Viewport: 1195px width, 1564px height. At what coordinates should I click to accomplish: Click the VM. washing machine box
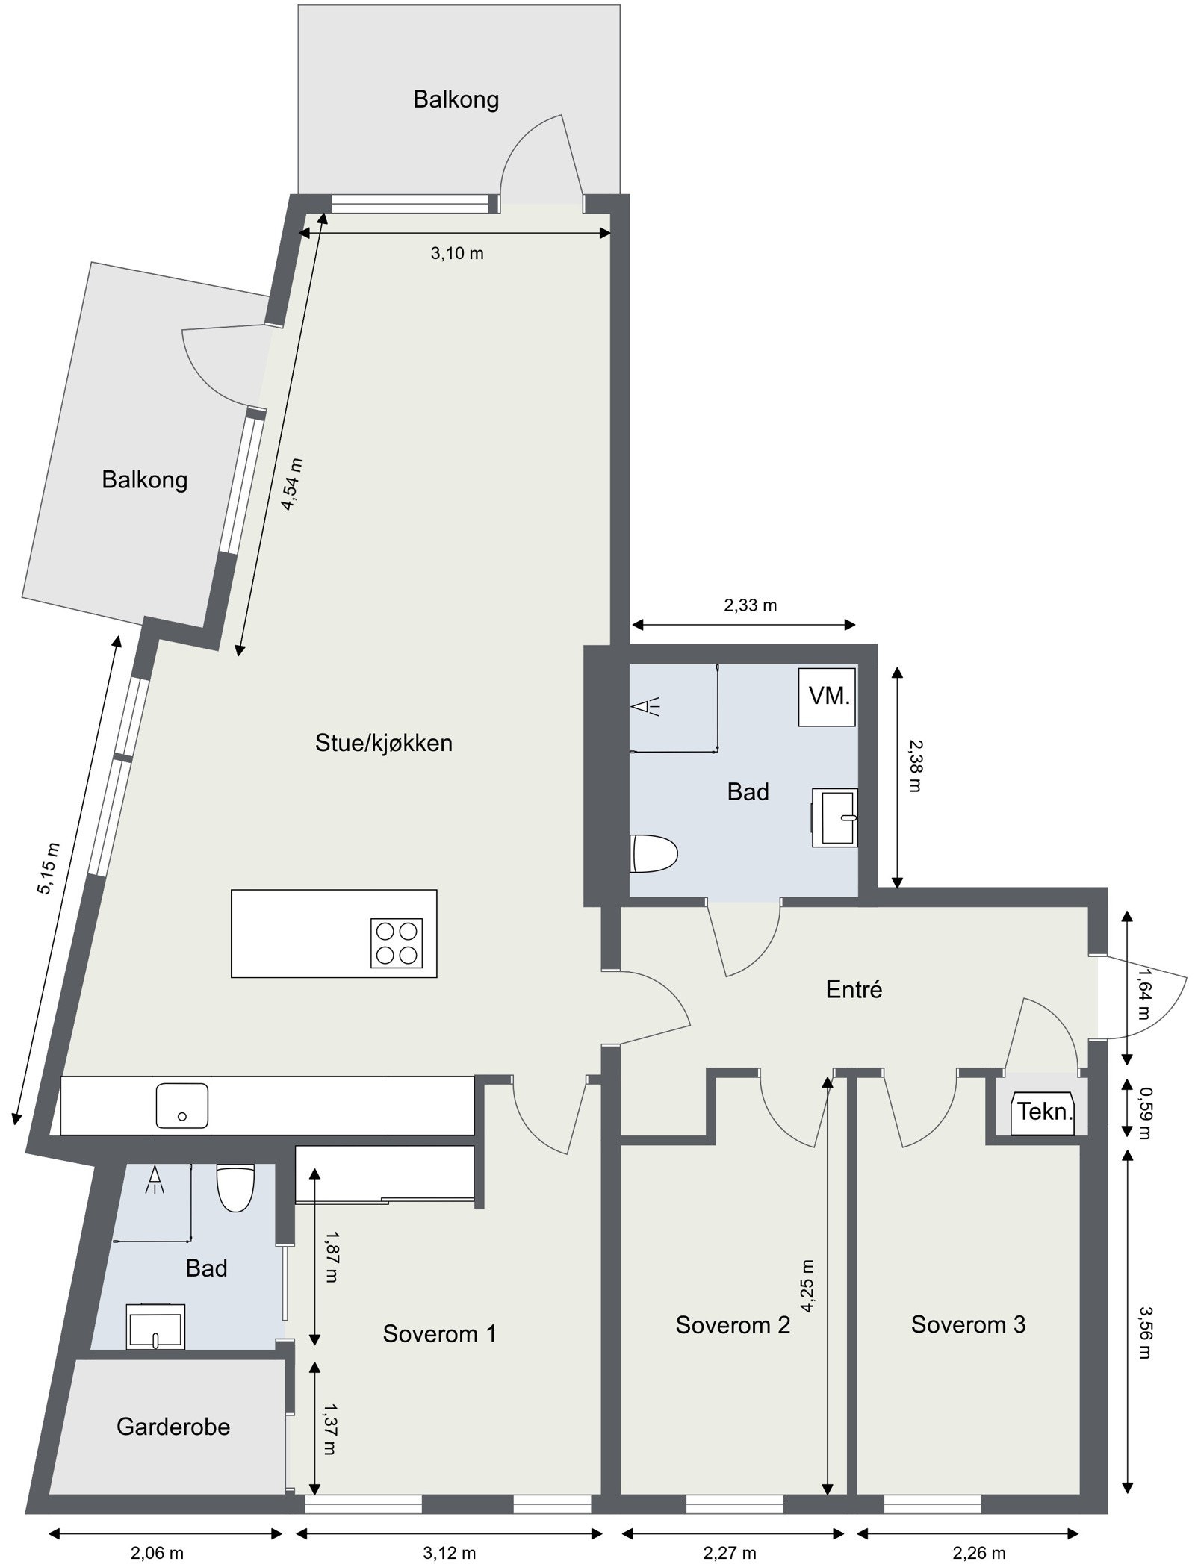pos(827,697)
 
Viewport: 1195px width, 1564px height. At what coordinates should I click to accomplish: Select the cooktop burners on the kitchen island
pos(397,943)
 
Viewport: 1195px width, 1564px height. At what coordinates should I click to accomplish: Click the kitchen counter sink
pos(181,1106)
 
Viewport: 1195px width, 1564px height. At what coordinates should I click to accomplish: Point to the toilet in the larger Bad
pos(654,853)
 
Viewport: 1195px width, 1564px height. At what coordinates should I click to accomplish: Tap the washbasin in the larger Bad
pos(836,817)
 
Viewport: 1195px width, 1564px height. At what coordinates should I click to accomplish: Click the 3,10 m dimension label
pos(456,254)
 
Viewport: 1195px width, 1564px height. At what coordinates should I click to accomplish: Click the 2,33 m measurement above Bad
pos(750,605)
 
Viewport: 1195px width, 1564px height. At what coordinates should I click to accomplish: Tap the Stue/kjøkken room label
pos(384,743)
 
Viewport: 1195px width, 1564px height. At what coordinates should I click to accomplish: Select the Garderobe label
pos(173,1427)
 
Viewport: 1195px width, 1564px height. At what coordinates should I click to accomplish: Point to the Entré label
pos(854,990)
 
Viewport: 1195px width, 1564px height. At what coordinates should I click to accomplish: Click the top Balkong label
pos(456,99)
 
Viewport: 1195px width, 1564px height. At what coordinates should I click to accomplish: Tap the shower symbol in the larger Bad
pos(647,706)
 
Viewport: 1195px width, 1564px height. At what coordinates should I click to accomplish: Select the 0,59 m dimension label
pos(1143,1112)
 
